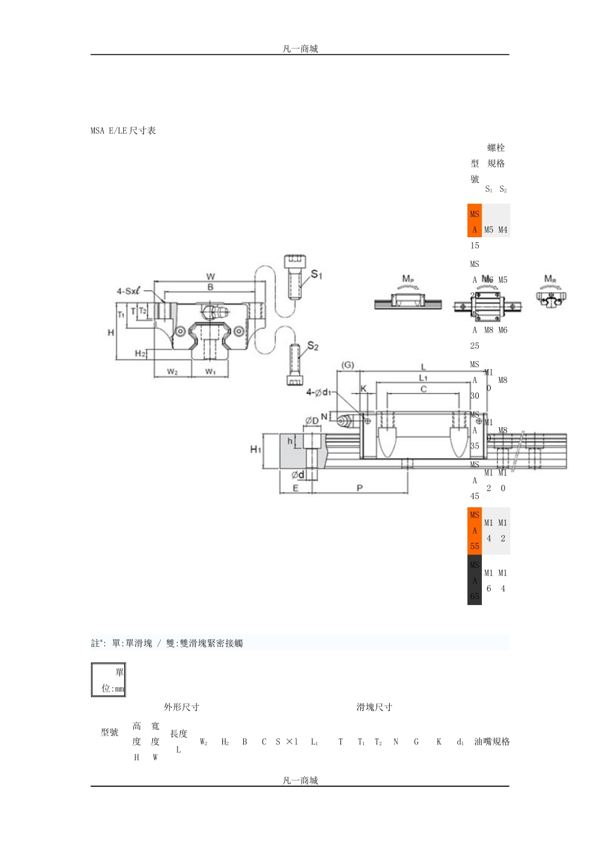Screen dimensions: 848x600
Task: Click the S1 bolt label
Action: pos(316,274)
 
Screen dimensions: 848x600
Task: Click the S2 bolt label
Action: pos(313,346)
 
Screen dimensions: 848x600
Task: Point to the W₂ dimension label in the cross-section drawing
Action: pos(172,372)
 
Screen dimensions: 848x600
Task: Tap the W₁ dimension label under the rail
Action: pos(210,372)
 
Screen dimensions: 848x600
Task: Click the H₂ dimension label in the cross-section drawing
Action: pos(140,353)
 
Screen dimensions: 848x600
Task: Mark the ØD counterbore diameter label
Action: pos(312,421)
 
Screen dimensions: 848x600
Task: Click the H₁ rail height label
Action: pos(256,449)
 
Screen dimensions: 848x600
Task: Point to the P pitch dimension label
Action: pos(360,488)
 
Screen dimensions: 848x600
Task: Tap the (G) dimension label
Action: pos(347,365)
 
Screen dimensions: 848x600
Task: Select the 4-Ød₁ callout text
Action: pos(319,392)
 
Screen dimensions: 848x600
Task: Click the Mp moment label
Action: pos(408,279)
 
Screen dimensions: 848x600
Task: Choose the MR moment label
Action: pos(550,279)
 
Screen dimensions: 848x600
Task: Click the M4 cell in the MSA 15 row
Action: pos(503,230)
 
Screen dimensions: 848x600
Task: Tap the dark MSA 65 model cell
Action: pos(474,580)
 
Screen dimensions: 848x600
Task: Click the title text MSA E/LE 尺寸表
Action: pos(123,131)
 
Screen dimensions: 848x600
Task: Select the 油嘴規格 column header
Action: pos(492,741)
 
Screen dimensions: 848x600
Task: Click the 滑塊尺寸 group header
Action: pos(374,707)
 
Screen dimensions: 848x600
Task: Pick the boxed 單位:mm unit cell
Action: pos(109,680)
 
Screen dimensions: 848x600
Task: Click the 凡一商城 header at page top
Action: pos(300,49)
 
